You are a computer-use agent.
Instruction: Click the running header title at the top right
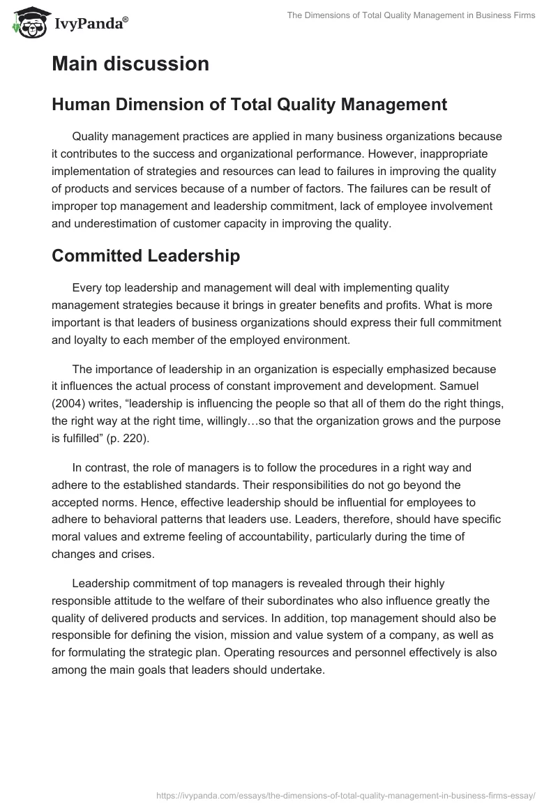[412, 15]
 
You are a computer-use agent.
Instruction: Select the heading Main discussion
[130, 64]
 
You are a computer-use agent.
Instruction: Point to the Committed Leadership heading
[146, 256]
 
